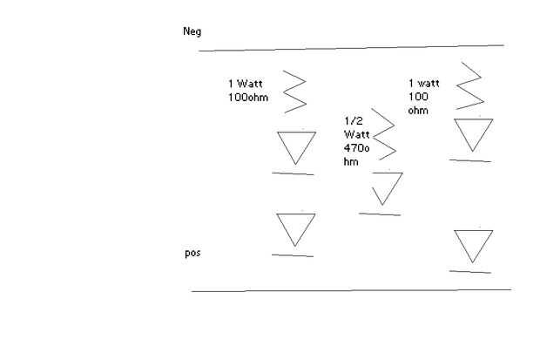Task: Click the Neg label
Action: click(192, 32)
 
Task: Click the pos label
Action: click(193, 254)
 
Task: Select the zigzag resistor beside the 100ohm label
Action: click(295, 92)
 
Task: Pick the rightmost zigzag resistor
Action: click(470, 85)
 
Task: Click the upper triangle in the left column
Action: click(296, 146)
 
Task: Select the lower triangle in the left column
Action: click(296, 228)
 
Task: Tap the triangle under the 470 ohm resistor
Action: click(386, 187)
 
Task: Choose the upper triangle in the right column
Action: click(474, 133)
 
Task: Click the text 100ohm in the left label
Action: click(248, 97)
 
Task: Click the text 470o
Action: click(357, 148)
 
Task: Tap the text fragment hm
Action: click(350, 161)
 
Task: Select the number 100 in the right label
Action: click(418, 97)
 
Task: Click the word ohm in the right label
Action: click(418, 110)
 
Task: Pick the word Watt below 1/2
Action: click(357, 134)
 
